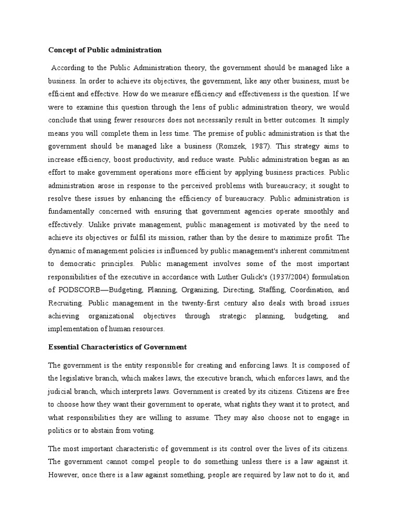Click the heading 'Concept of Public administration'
[x=105, y=50]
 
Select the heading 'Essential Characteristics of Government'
[x=117, y=346]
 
